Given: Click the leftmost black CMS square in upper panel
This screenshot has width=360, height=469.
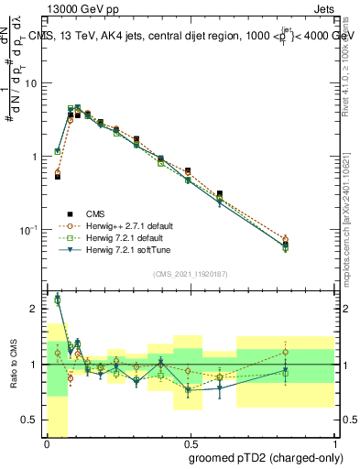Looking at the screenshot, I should (x=57, y=176).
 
